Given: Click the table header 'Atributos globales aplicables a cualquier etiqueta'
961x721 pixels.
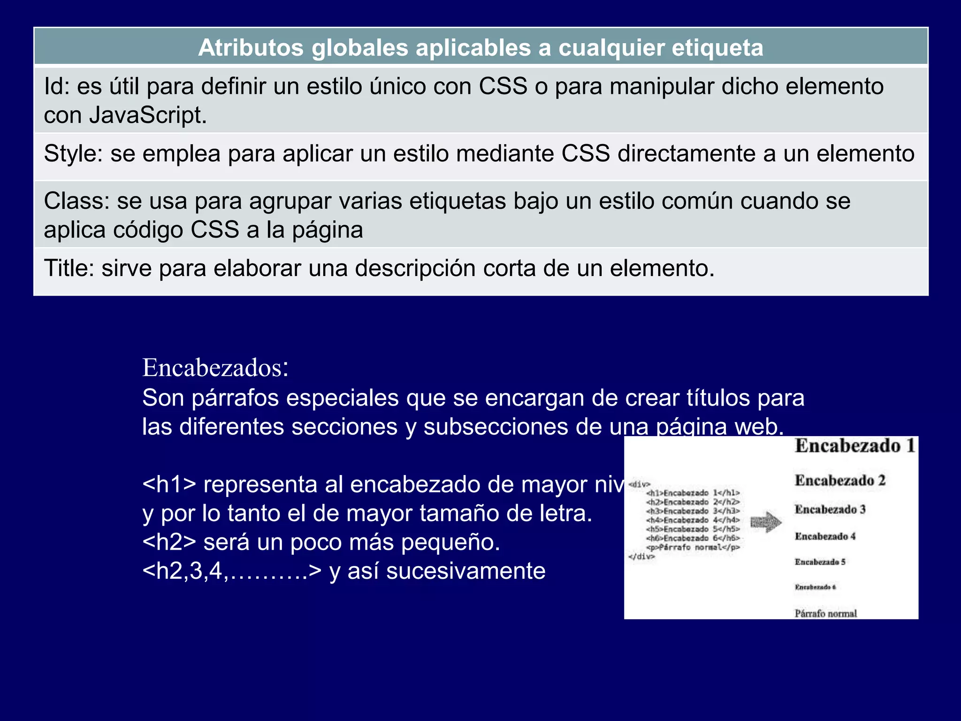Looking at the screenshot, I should [480, 48].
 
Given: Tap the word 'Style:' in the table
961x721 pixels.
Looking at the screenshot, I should [73, 154].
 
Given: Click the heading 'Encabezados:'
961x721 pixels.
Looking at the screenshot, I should [215, 368].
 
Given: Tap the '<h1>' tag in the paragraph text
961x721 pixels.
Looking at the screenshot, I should [169, 484].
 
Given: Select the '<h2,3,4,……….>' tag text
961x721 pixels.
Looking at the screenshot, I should [232, 571].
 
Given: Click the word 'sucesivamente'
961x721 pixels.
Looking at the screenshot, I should [466, 571].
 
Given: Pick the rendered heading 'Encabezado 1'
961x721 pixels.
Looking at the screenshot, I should [855, 446].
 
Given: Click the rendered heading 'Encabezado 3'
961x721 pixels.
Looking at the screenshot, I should [830, 509].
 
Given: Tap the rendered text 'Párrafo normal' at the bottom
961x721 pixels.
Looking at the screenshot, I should [825, 614].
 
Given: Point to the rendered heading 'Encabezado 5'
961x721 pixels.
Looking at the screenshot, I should [820, 562].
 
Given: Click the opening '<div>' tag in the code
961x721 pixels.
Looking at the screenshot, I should [639, 484].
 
